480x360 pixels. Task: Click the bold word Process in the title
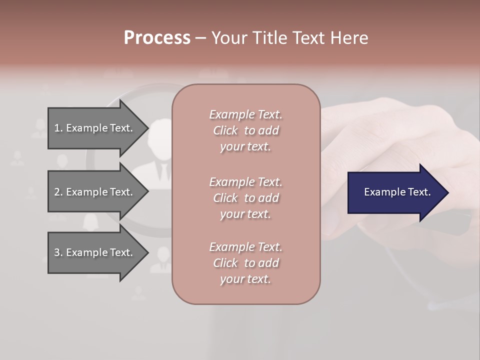click(x=157, y=38)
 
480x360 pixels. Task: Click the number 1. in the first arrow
click(x=58, y=128)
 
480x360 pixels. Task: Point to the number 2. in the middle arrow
click(x=58, y=192)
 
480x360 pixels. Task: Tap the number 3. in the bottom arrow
click(x=58, y=252)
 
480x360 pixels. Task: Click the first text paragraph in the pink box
click(x=245, y=130)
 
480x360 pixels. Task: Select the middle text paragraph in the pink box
click(x=245, y=198)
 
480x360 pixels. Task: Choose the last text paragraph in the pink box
click(x=245, y=263)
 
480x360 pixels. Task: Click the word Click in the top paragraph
click(x=225, y=130)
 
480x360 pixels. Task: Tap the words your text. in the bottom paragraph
click(x=245, y=279)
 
